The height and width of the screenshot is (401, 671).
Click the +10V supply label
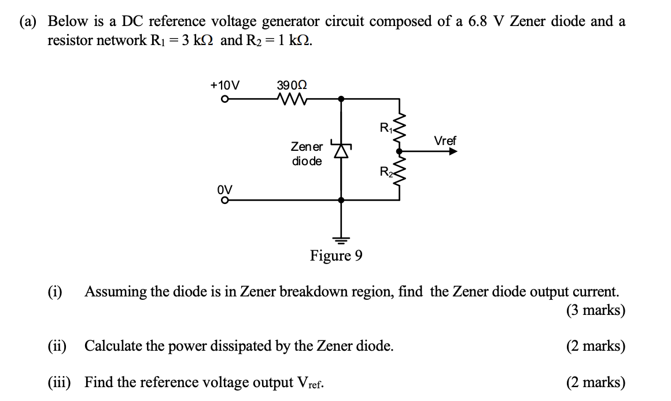225,84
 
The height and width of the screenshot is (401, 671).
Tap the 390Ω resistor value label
292,84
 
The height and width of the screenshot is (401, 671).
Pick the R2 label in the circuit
385,172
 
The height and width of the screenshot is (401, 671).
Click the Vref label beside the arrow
444,140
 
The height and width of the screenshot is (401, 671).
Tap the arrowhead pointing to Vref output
453,151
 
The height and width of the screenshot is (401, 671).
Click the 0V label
224,189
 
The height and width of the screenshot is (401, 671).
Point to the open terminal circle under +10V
224,99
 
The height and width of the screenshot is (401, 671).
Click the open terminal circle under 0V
224,200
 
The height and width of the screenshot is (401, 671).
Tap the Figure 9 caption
336,255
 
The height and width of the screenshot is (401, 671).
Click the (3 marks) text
596,310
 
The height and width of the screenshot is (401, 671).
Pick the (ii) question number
57,346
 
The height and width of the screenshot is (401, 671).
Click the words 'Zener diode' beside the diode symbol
307,154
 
